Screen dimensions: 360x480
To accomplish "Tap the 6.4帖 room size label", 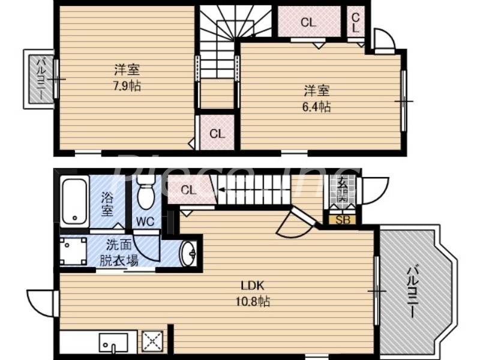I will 317,107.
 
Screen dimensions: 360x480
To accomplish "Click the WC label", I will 145,221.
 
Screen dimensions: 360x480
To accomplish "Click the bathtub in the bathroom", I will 74,202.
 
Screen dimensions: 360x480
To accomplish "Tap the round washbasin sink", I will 189,254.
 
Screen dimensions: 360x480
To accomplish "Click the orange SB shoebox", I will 342,219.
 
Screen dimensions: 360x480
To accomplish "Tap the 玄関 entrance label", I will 342,190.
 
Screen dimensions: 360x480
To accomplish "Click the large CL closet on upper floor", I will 308,23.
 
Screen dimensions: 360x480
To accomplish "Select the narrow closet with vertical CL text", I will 355,23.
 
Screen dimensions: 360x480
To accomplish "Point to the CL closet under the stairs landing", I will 217,133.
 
